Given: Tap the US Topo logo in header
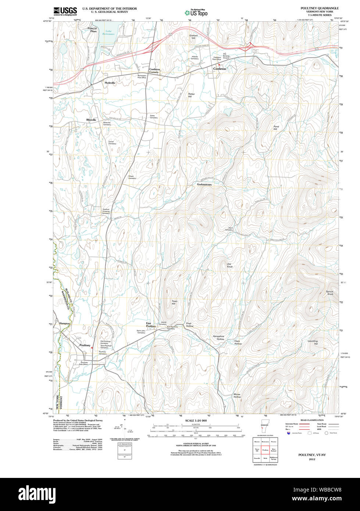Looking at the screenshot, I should click(x=196, y=12).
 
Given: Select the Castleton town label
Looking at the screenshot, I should click(x=220, y=69).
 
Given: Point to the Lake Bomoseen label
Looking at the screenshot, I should click(x=108, y=32).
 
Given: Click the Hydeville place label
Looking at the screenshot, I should click(x=110, y=83).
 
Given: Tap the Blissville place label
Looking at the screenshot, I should click(x=91, y=120).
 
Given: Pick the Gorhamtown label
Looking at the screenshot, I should click(x=204, y=184).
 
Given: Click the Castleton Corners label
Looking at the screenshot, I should click(x=154, y=71).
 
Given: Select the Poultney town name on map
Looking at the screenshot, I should click(x=85, y=345).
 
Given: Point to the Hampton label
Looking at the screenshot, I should click(x=65, y=323).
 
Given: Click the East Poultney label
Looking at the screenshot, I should click(x=151, y=325).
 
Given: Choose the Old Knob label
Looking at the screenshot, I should click(x=229, y=265).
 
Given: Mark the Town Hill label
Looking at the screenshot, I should click(x=174, y=303).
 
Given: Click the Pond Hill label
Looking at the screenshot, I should click(x=276, y=128).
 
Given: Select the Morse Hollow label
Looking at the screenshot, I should click(x=237, y=396).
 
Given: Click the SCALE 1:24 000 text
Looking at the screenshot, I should click(x=196, y=421).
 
